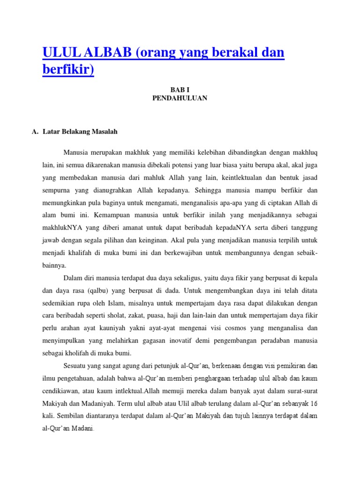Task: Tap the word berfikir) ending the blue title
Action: (68, 70)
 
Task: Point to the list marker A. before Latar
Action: (35, 132)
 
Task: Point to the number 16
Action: (314, 403)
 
